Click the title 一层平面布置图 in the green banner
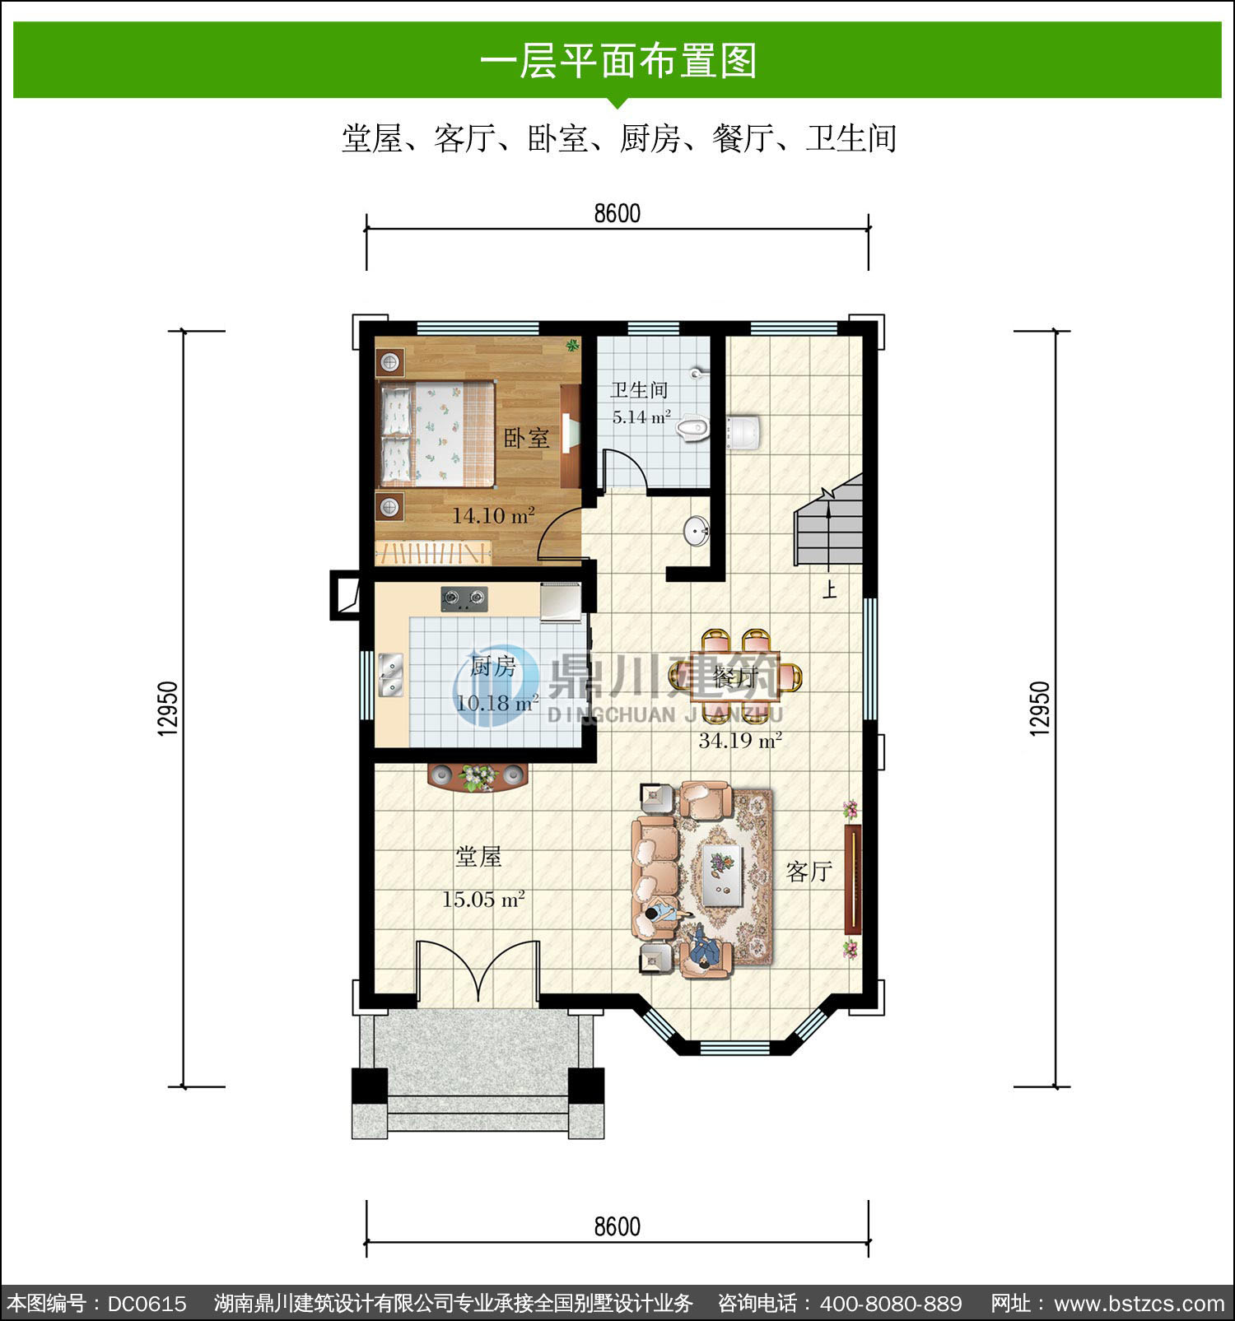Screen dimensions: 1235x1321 click(617, 61)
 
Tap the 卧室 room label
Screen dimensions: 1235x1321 click(527, 437)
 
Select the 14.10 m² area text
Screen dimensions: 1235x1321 click(493, 516)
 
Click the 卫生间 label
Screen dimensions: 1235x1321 click(639, 389)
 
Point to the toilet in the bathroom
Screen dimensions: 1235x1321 click(692, 428)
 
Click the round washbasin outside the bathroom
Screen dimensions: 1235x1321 click(697, 531)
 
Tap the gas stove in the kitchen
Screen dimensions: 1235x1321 click(464, 598)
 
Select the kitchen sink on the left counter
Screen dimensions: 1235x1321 click(390, 673)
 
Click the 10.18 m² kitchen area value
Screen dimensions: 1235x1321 click(497, 703)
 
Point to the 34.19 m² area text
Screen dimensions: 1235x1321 click(740, 740)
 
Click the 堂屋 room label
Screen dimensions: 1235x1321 click(479, 857)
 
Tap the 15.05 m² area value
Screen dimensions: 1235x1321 click(483, 899)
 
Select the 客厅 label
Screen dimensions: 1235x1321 click(809, 872)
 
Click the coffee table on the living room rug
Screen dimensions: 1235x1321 click(724, 872)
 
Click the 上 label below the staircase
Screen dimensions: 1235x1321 click(830, 590)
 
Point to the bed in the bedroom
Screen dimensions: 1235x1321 click(438, 433)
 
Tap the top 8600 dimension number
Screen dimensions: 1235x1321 click(617, 213)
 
